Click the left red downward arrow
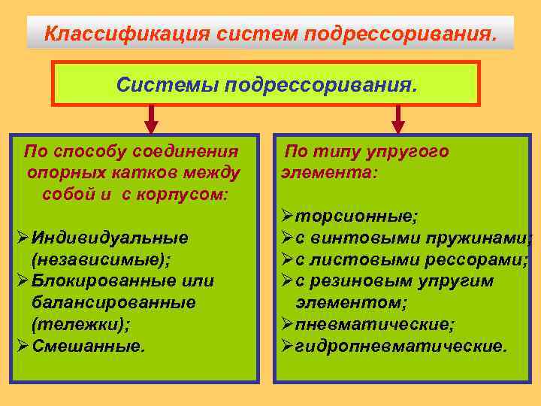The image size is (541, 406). pos(151,120)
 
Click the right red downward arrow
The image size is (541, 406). pos(398,120)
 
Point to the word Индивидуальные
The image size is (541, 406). pos(110,238)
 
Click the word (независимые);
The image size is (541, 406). pos(101,259)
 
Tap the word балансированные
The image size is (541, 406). pos(113,303)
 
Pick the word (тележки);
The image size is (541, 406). pos(80,325)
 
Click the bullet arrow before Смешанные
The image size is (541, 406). pos(22,347)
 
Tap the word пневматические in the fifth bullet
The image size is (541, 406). pos(374,325)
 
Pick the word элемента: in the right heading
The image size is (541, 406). pos(329,172)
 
